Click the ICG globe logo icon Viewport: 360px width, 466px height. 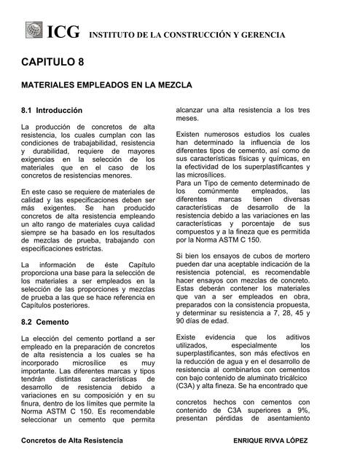tap(34, 31)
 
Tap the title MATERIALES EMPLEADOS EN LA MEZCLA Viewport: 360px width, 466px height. tap(106, 86)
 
